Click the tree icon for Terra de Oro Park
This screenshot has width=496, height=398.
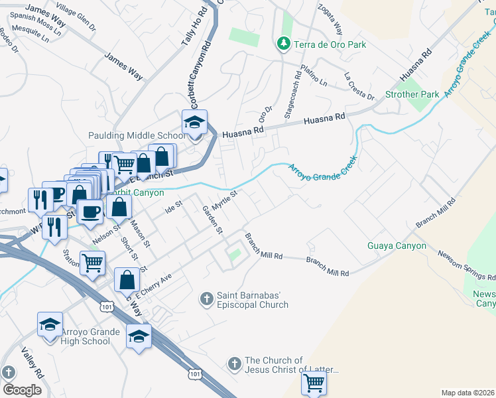283,44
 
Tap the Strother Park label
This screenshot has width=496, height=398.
412,94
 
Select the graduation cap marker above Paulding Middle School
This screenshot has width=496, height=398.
194,123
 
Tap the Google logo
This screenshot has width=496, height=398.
22,389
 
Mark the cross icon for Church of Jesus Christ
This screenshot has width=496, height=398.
233,364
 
